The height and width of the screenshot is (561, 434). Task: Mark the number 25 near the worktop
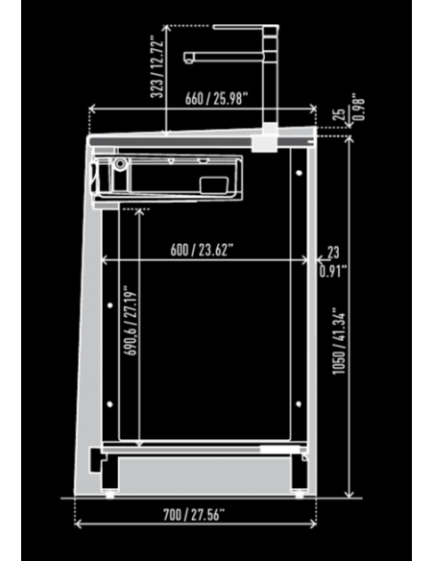(x=339, y=115)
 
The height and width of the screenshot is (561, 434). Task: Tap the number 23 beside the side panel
(x=333, y=253)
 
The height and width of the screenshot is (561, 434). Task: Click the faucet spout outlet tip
(x=190, y=61)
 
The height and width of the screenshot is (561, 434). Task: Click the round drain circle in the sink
(x=118, y=164)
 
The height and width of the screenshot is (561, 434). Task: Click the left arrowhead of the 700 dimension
(x=78, y=524)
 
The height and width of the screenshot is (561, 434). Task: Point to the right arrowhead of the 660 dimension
(x=315, y=108)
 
